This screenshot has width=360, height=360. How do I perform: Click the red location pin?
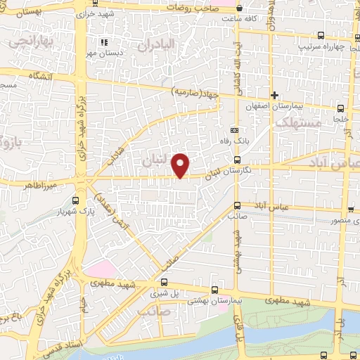(181, 165)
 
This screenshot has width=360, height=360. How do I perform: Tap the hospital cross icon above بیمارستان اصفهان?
(275, 95)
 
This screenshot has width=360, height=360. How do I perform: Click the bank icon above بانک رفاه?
(234, 130)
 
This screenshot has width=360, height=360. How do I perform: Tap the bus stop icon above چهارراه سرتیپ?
(321, 35)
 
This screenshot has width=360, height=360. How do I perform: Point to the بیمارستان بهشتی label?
(213, 300)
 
